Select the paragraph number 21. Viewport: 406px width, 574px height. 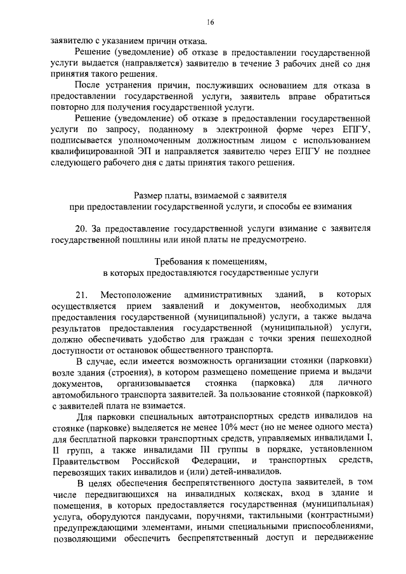(80, 296)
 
